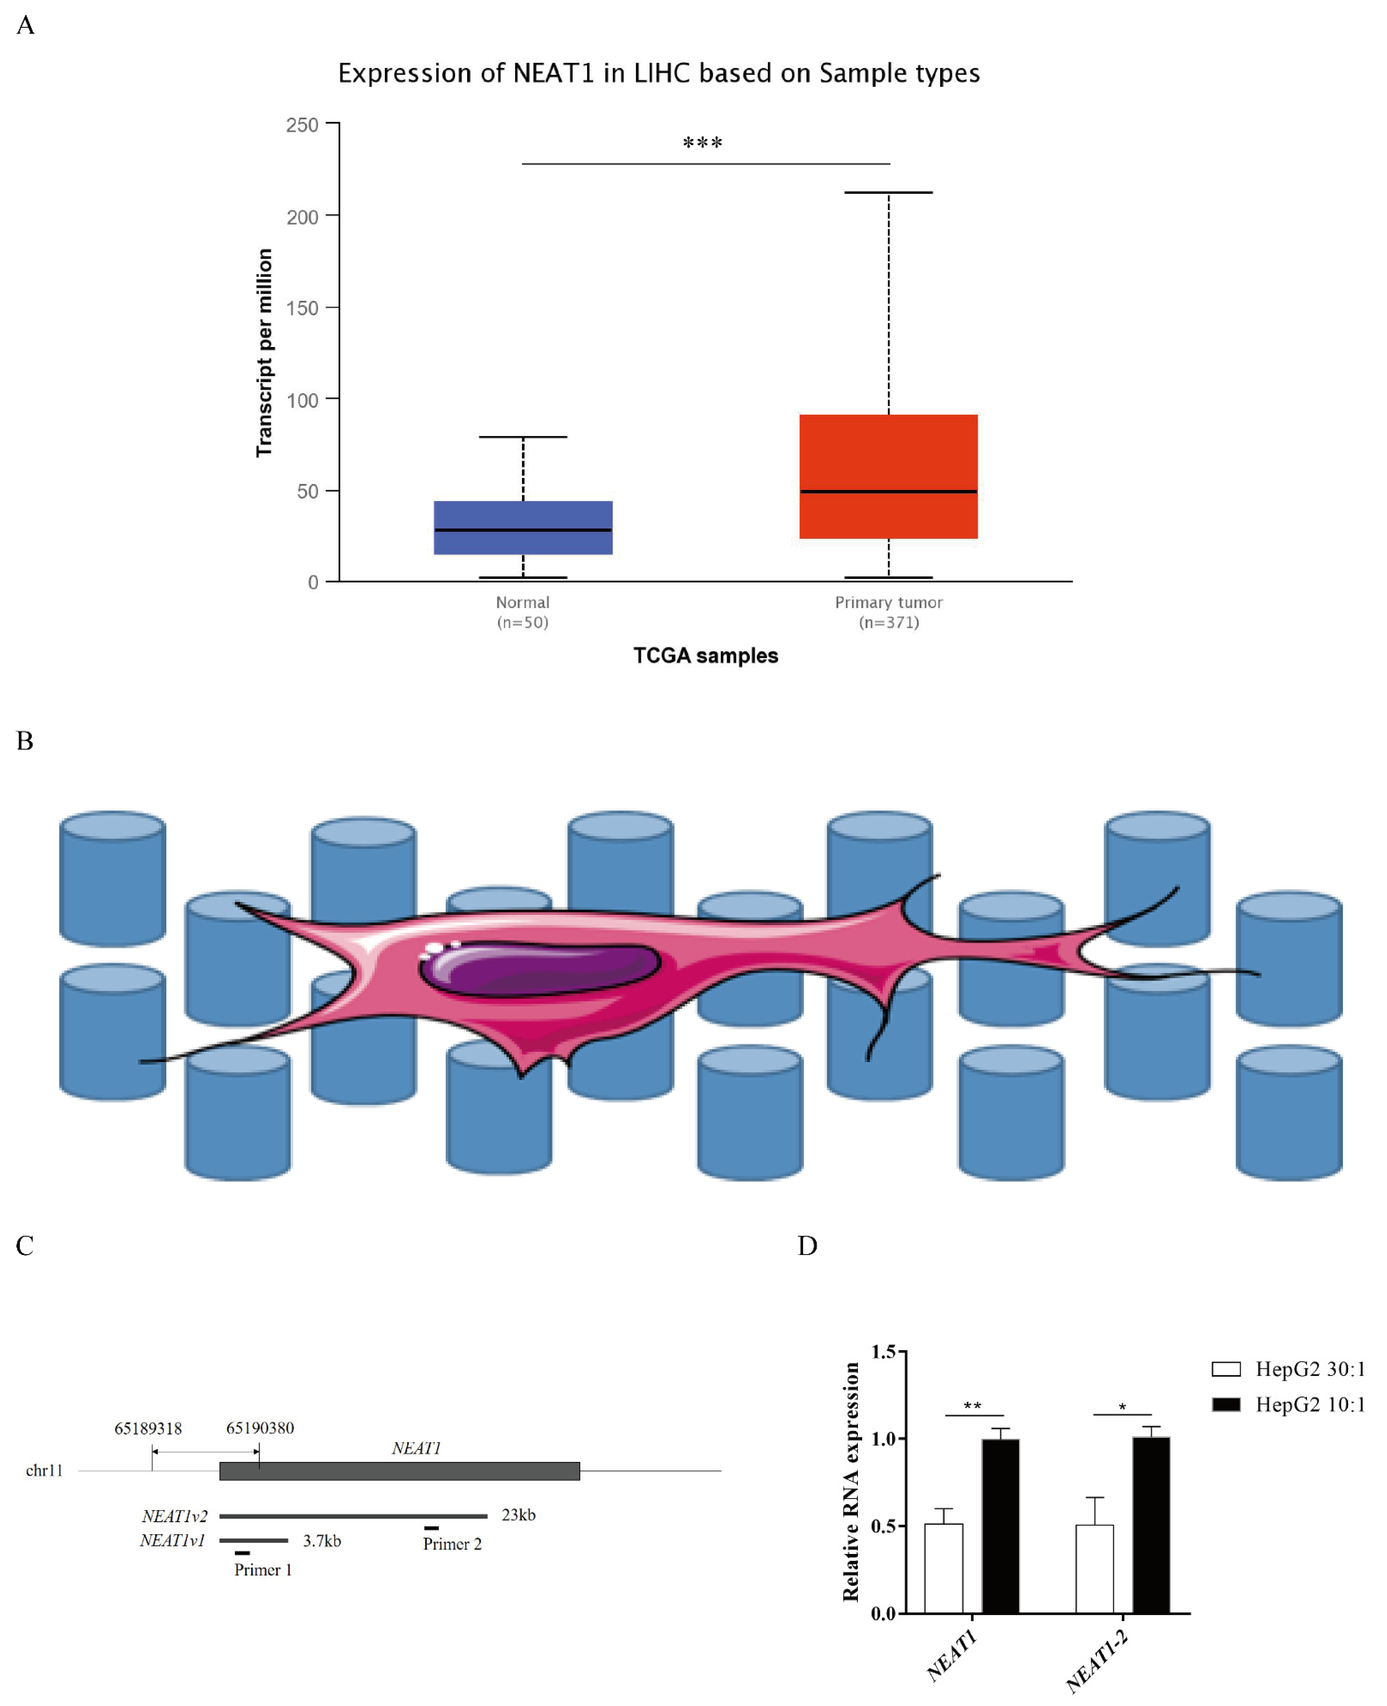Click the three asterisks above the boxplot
click(x=702, y=144)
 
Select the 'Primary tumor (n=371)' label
click(x=888, y=612)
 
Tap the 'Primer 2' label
click(x=452, y=1544)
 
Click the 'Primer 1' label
click(x=263, y=1569)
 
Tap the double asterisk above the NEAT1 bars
click(x=972, y=1405)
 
